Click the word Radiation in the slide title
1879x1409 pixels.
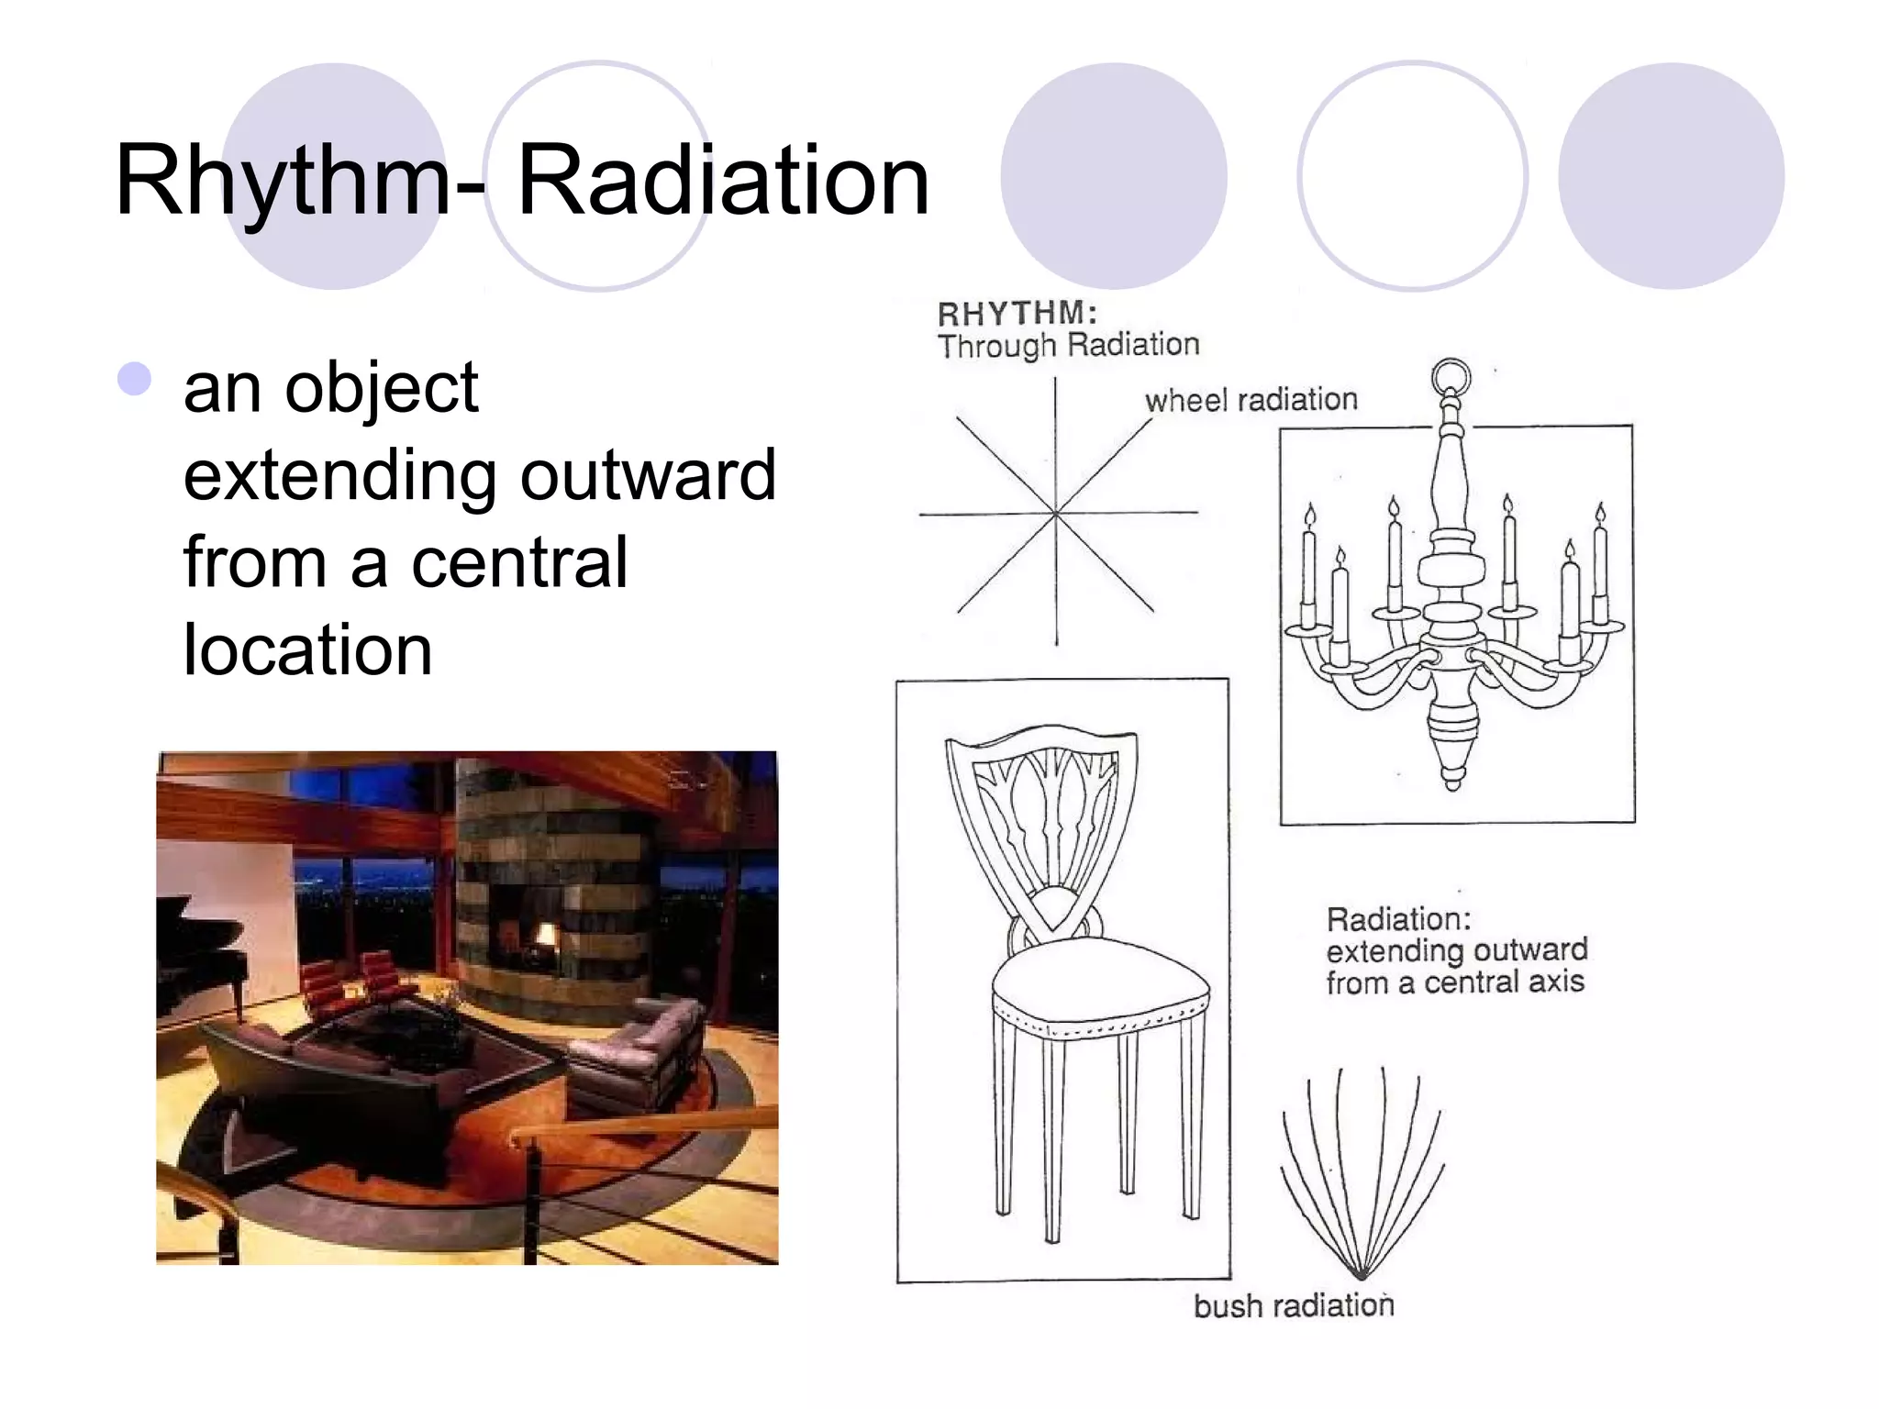coord(723,181)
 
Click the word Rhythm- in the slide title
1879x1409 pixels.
coord(298,181)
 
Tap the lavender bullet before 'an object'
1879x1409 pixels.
coord(135,379)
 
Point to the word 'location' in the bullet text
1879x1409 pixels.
coord(307,649)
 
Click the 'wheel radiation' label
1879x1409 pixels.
coord(1251,400)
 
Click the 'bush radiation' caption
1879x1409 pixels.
coord(1293,1304)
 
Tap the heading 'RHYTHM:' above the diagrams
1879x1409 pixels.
coord(1017,314)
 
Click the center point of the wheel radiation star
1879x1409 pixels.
coord(1056,513)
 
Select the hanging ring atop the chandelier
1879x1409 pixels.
coord(1451,376)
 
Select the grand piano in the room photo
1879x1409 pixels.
coord(197,954)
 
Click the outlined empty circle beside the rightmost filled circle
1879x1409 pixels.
coord(1412,176)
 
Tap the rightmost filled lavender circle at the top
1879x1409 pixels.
coord(1671,176)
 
